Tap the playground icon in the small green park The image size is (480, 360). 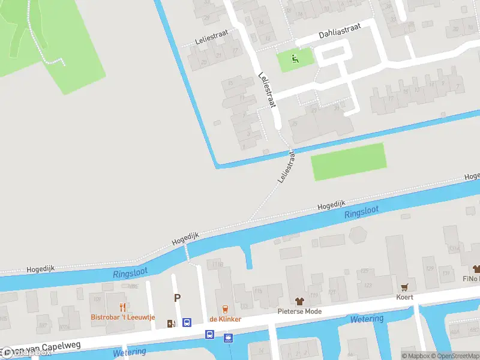pyautogui.click(x=294, y=59)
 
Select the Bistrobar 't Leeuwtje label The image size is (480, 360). pyautogui.click(x=123, y=317)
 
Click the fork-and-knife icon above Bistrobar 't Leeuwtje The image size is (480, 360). pyautogui.click(x=123, y=307)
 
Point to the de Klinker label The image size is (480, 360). pyautogui.click(x=225, y=319)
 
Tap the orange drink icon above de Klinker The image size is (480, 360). pyautogui.click(x=225, y=309)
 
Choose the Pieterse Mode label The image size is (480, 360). pyautogui.click(x=299, y=311)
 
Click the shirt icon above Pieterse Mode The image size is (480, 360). pyautogui.click(x=299, y=301)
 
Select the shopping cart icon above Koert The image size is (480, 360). pyautogui.click(x=404, y=287)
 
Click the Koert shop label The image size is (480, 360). pyautogui.click(x=404, y=297)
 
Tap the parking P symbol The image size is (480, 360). pyautogui.click(x=177, y=298)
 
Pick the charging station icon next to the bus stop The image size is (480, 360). pyautogui.click(x=172, y=323)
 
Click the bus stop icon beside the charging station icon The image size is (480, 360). pyautogui.click(x=187, y=323)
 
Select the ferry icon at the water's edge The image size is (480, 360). pyautogui.click(x=228, y=338)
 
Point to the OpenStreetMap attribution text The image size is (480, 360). pyautogui.click(x=454, y=356)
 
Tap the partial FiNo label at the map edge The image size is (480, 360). pyautogui.click(x=472, y=279)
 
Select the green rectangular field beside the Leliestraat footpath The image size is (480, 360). pyautogui.click(x=348, y=161)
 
